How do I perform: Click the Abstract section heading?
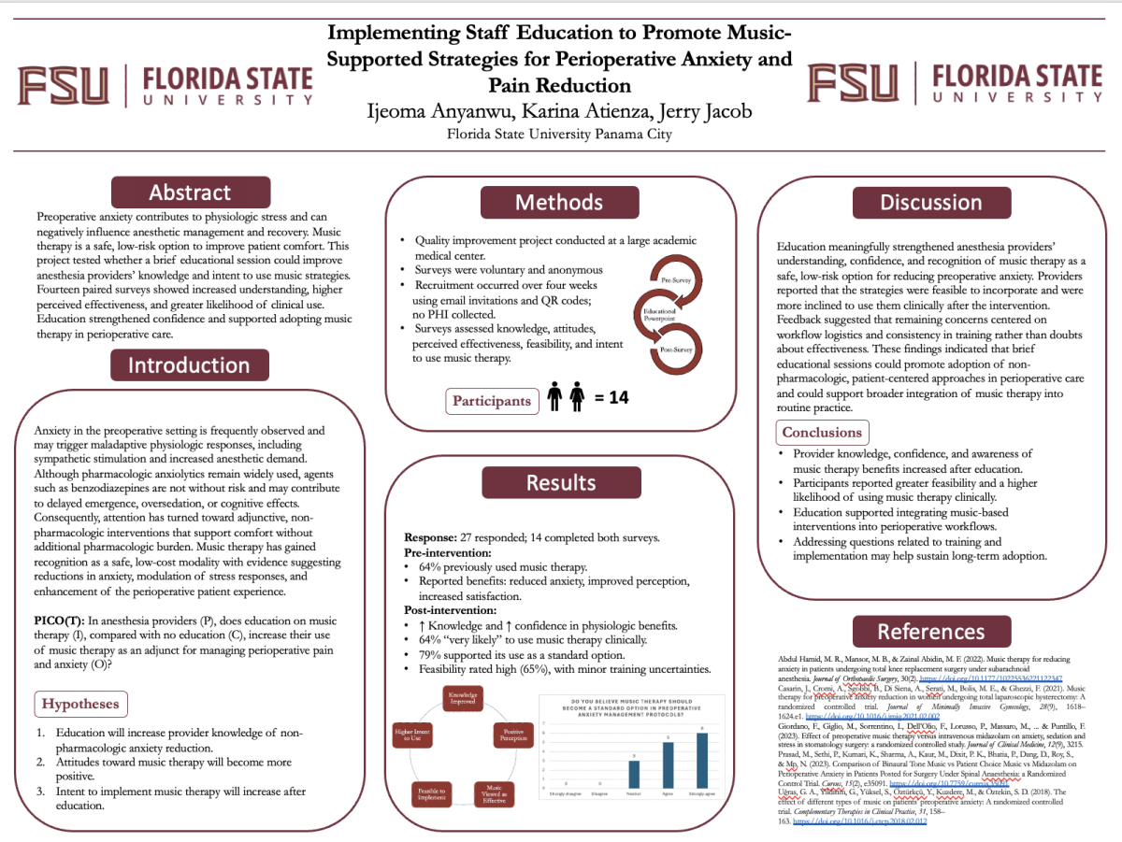pos(190,193)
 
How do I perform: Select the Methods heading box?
pos(560,202)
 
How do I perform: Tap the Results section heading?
pos(560,482)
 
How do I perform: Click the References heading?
pos(931,632)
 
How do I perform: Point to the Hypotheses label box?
pos(81,703)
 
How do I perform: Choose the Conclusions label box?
pos(822,432)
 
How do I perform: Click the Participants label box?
pos(492,400)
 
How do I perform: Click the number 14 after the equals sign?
pos(616,398)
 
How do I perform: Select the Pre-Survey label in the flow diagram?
pos(675,279)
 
